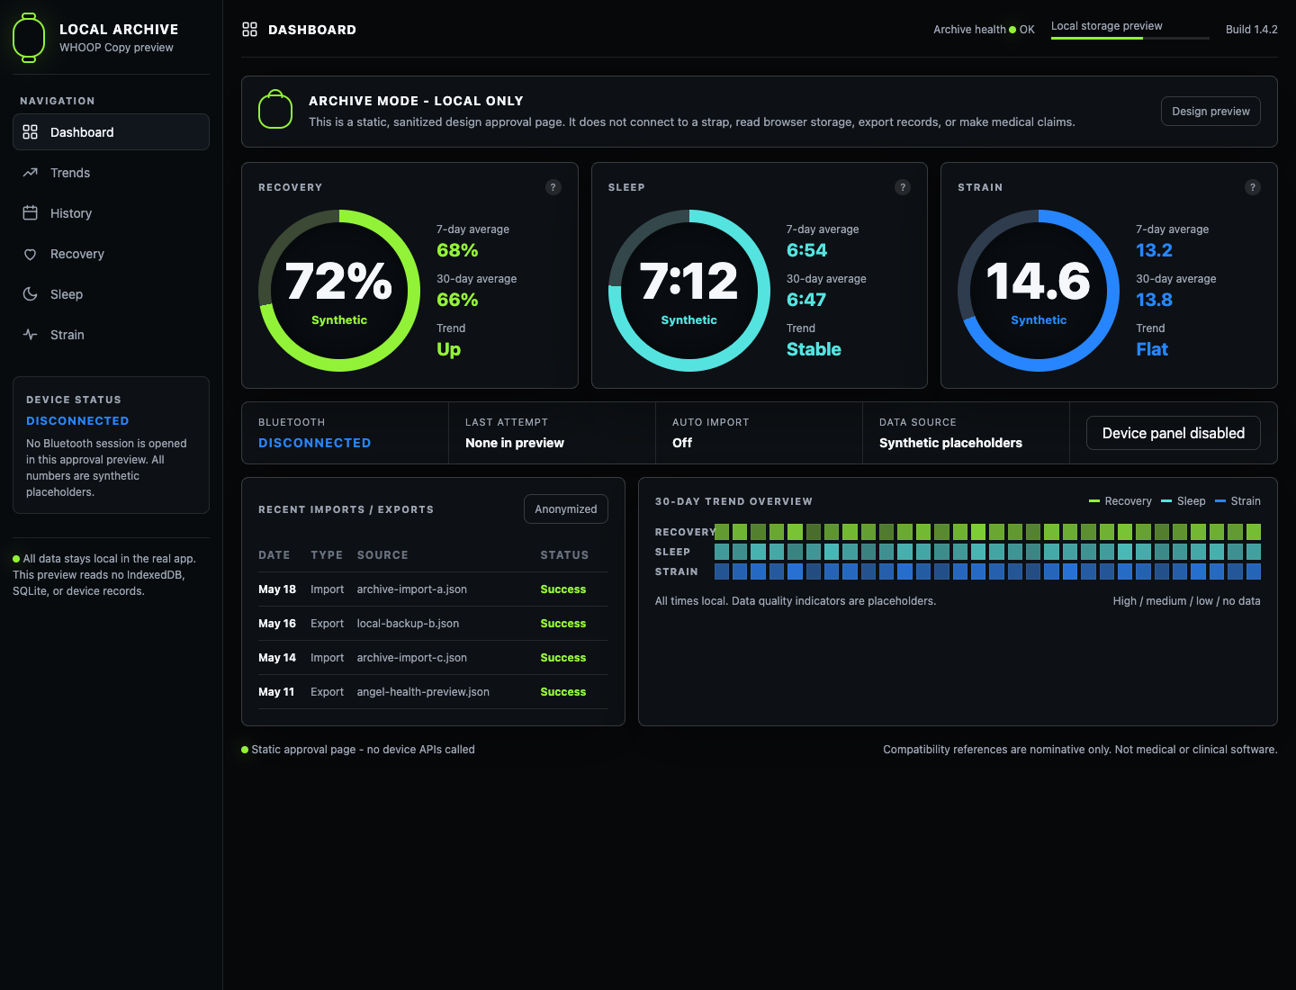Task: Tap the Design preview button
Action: click(x=1210, y=111)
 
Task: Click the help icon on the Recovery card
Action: click(x=553, y=187)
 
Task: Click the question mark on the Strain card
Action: click(x=1252, y=187)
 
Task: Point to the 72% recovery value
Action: click(x=338, y=281)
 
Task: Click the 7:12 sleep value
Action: click(x=688, y=281)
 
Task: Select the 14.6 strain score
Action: click(x=1038, y=281)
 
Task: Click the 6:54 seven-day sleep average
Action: click(x=806, y=250)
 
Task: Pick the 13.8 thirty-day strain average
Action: click(x=1154, y=300)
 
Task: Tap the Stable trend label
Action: click(x=814, y=349)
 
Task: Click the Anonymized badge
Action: click(x=565, y=508)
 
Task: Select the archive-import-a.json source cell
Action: click(x=411, y=589)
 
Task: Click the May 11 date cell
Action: click(x=276, y=692)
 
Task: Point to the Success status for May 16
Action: click(x=562, y=624)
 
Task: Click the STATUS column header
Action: click(x=564, y=555)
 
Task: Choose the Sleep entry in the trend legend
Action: click(x=1183, y=501)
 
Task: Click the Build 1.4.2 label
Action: click(x=1251, y=30)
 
